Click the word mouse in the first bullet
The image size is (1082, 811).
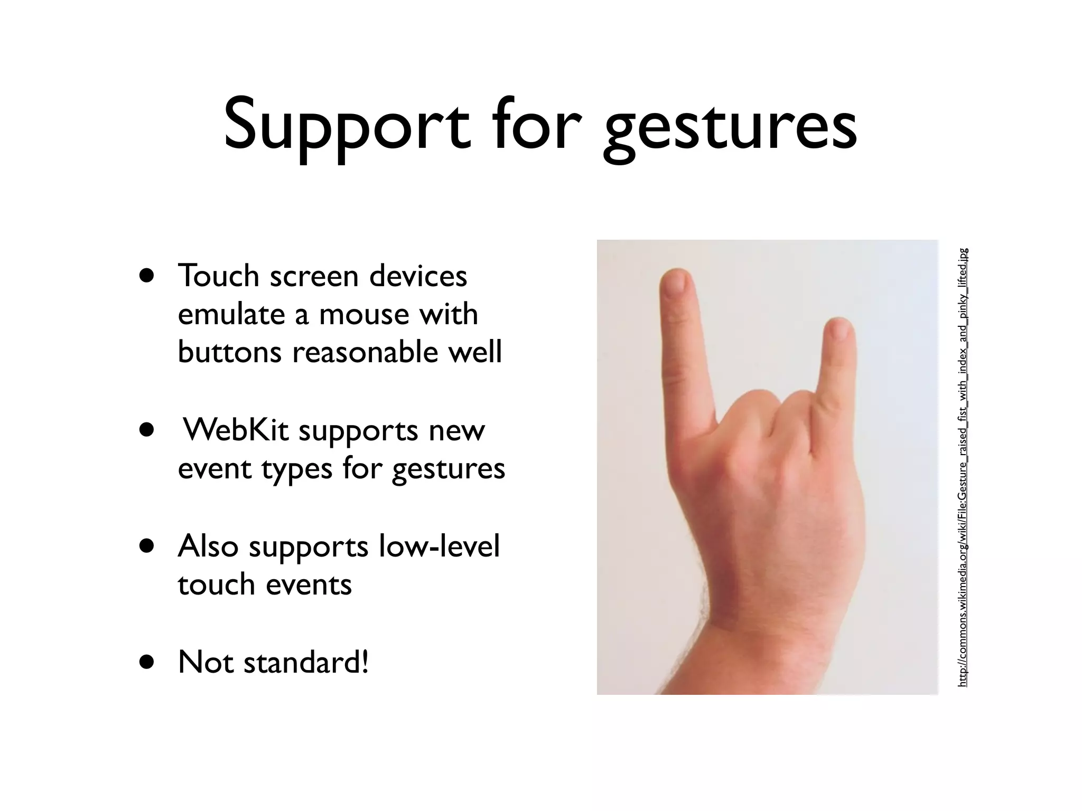click(x=363, y=314)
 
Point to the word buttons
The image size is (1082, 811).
click(x=229, y=352)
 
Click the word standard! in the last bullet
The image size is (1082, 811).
click(x=306, y=662)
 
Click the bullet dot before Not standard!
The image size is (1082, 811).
click(x=147, y=662)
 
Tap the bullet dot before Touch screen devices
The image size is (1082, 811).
click(x=147, y=276)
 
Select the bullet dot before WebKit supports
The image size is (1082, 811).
click(x=147, y=430)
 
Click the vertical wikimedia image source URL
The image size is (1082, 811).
click(x=963, y=467)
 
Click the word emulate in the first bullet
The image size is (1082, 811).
click(x=230, y=314)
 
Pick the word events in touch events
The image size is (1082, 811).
click(x=309, y=584)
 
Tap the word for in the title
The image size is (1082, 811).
click(x=537, y=127)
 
